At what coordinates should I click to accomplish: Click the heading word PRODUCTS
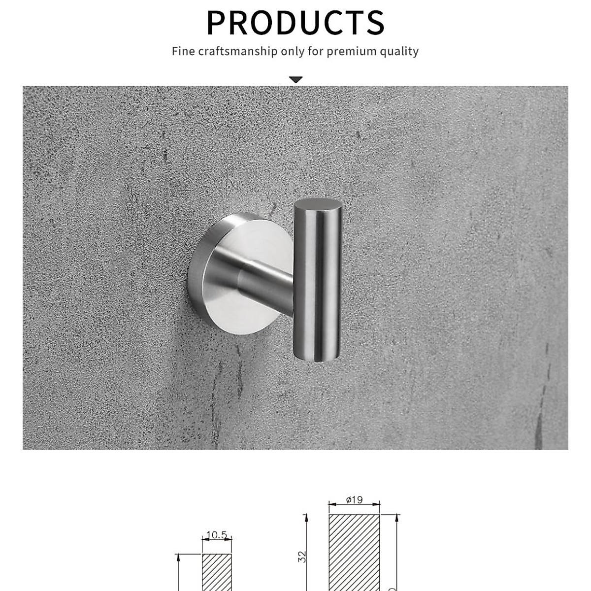295,22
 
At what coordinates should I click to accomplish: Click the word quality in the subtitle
399,51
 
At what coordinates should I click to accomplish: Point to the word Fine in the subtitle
183,51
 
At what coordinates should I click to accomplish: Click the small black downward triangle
295,79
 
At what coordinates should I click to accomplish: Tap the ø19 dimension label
354,500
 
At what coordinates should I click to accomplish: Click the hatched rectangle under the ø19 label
355,552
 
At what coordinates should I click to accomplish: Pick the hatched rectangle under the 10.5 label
217,571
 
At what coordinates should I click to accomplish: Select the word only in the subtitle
293,51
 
